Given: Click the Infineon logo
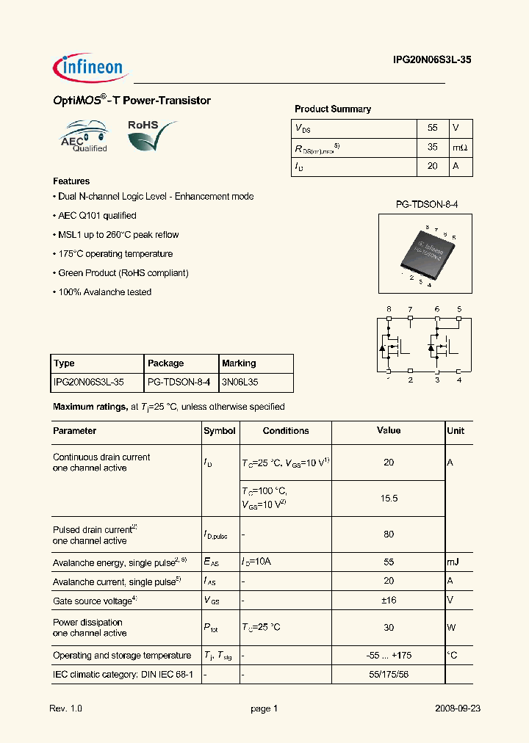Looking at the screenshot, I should [91, 68].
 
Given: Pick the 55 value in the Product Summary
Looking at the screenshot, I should [432, 128].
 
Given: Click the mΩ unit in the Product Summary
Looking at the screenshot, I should [460, 147].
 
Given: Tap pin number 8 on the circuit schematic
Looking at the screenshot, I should [389, 309].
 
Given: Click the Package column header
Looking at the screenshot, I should [166, 363].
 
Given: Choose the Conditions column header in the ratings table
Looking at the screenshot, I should [286, 431].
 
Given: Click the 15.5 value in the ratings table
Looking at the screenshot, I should [389, 499].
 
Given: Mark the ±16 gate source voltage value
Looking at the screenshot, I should [389, 600].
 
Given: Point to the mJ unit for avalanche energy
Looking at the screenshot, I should [453, 562].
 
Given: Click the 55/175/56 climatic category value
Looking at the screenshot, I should [389, 673].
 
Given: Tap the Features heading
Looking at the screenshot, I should [71, 181].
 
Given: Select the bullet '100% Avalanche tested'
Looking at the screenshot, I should [104, 292].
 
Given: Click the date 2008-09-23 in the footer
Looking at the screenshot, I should [458, 708].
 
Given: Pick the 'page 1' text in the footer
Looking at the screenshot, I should [264, 708].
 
